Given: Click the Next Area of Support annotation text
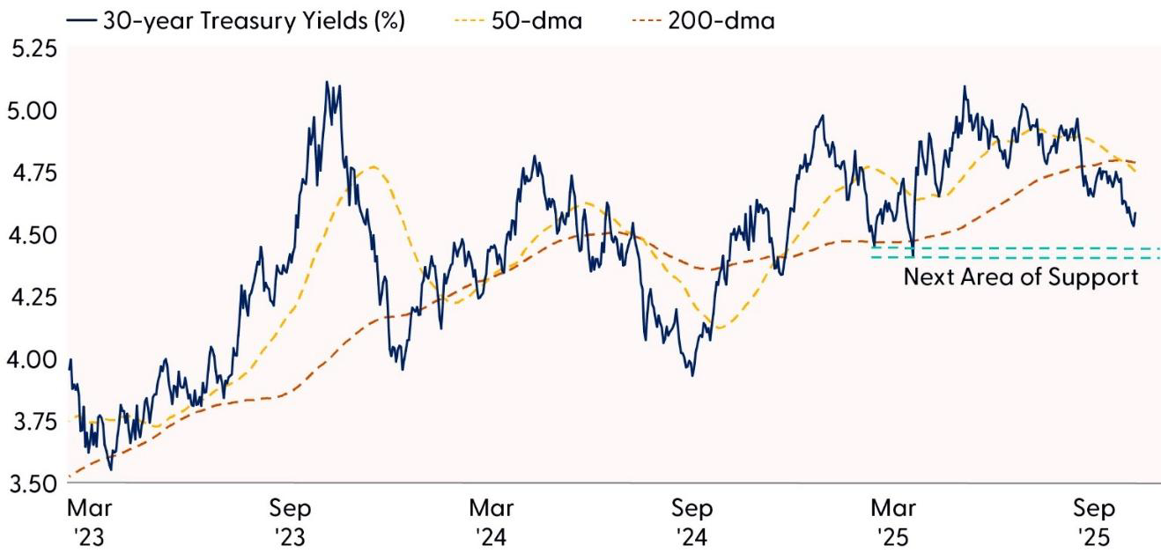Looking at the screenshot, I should (1021, 278).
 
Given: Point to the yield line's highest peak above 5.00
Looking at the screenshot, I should (327, 82).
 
